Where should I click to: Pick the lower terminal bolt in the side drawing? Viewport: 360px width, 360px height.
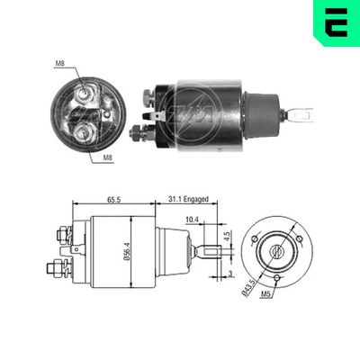point(58,267)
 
